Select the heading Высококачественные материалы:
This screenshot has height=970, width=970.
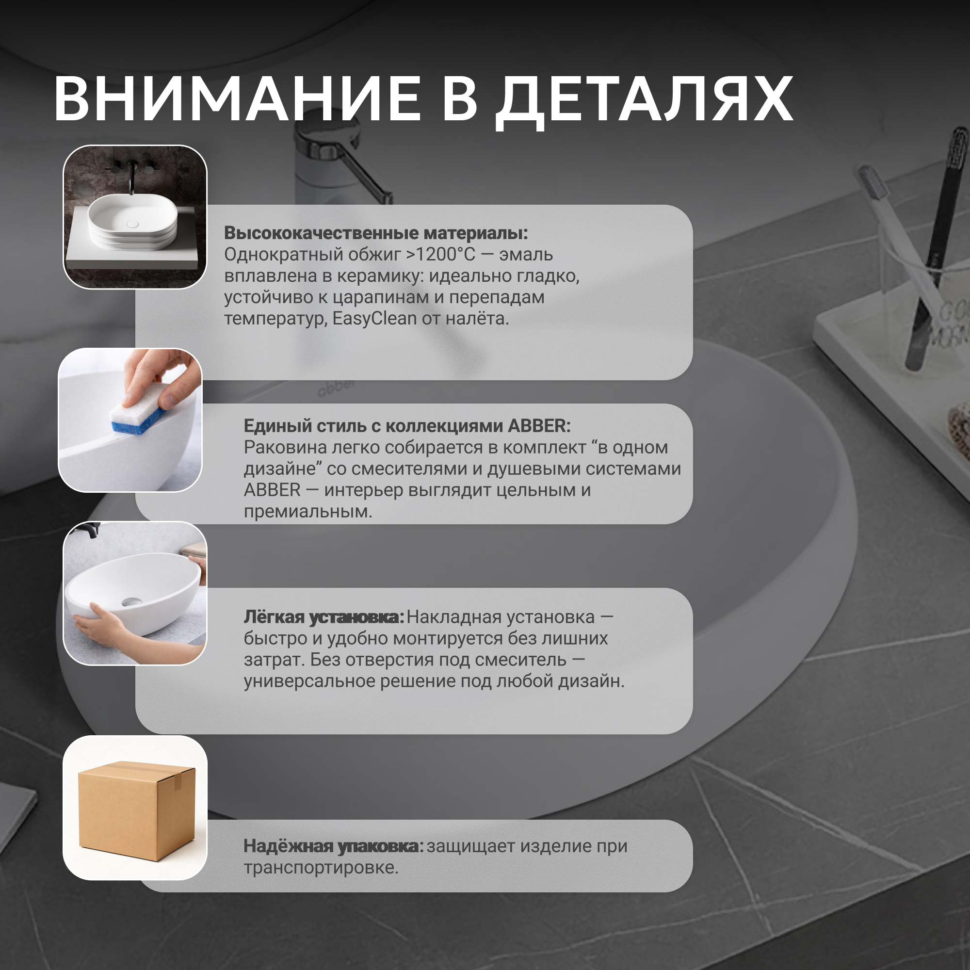[x=376, y=233]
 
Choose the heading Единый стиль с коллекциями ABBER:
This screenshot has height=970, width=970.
[x=407, y=426]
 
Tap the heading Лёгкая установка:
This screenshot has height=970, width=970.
[x=324, y=617]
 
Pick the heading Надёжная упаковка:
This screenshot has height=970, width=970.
[x=334, y=846]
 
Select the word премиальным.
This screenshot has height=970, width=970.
[x=308, y=512]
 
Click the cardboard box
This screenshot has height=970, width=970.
[x=136, y=810]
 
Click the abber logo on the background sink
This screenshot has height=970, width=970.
[x=336, y=387]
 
